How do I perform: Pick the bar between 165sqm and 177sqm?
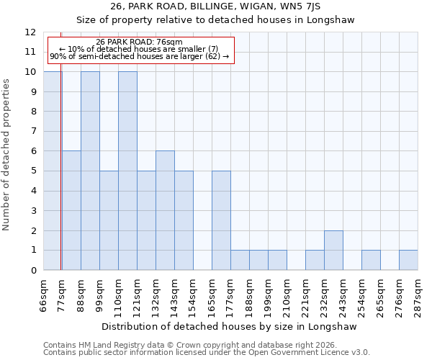pyautogui.click(x=221, y=220)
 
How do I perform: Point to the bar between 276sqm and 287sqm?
pyautogui.click(x=408, y=260)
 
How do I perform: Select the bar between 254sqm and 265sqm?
pyautogui.click(x=371, y=260)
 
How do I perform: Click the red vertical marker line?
pyautogui.click(x=61, y=180)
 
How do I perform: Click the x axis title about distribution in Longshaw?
pyautogui.click(x=230, y=326)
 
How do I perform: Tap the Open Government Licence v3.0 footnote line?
pyautogui.click(x=207, y=353)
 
